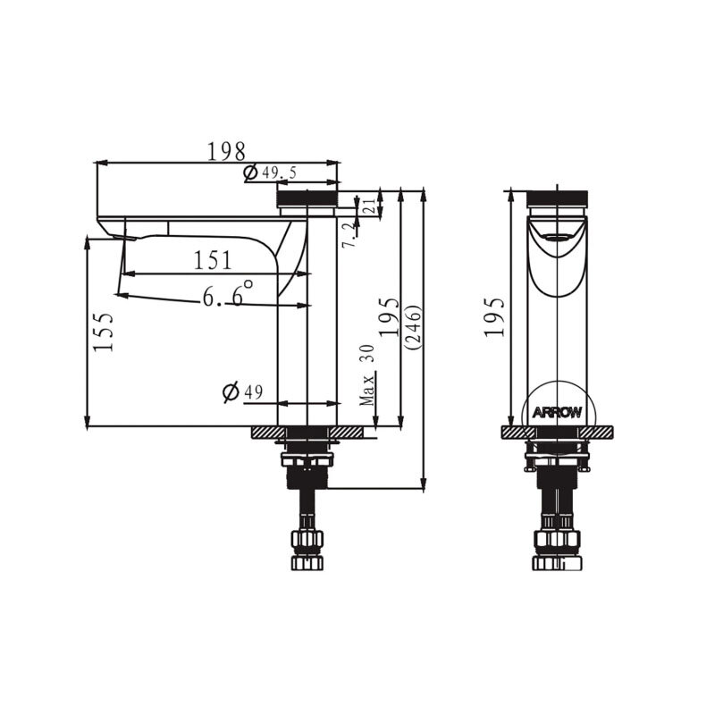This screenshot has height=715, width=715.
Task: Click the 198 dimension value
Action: click(x=226, y=151)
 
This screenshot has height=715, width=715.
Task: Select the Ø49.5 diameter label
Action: click(x=270, y=172)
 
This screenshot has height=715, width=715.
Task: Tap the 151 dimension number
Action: click(x=213, y=260)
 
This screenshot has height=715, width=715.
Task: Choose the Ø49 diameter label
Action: click(x=242, y=391)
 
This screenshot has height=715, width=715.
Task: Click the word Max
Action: click(x=367, y=389)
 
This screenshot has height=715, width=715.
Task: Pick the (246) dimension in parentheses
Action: click(x=414, y=327)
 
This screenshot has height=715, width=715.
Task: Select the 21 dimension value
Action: click(x=370, y=206)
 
